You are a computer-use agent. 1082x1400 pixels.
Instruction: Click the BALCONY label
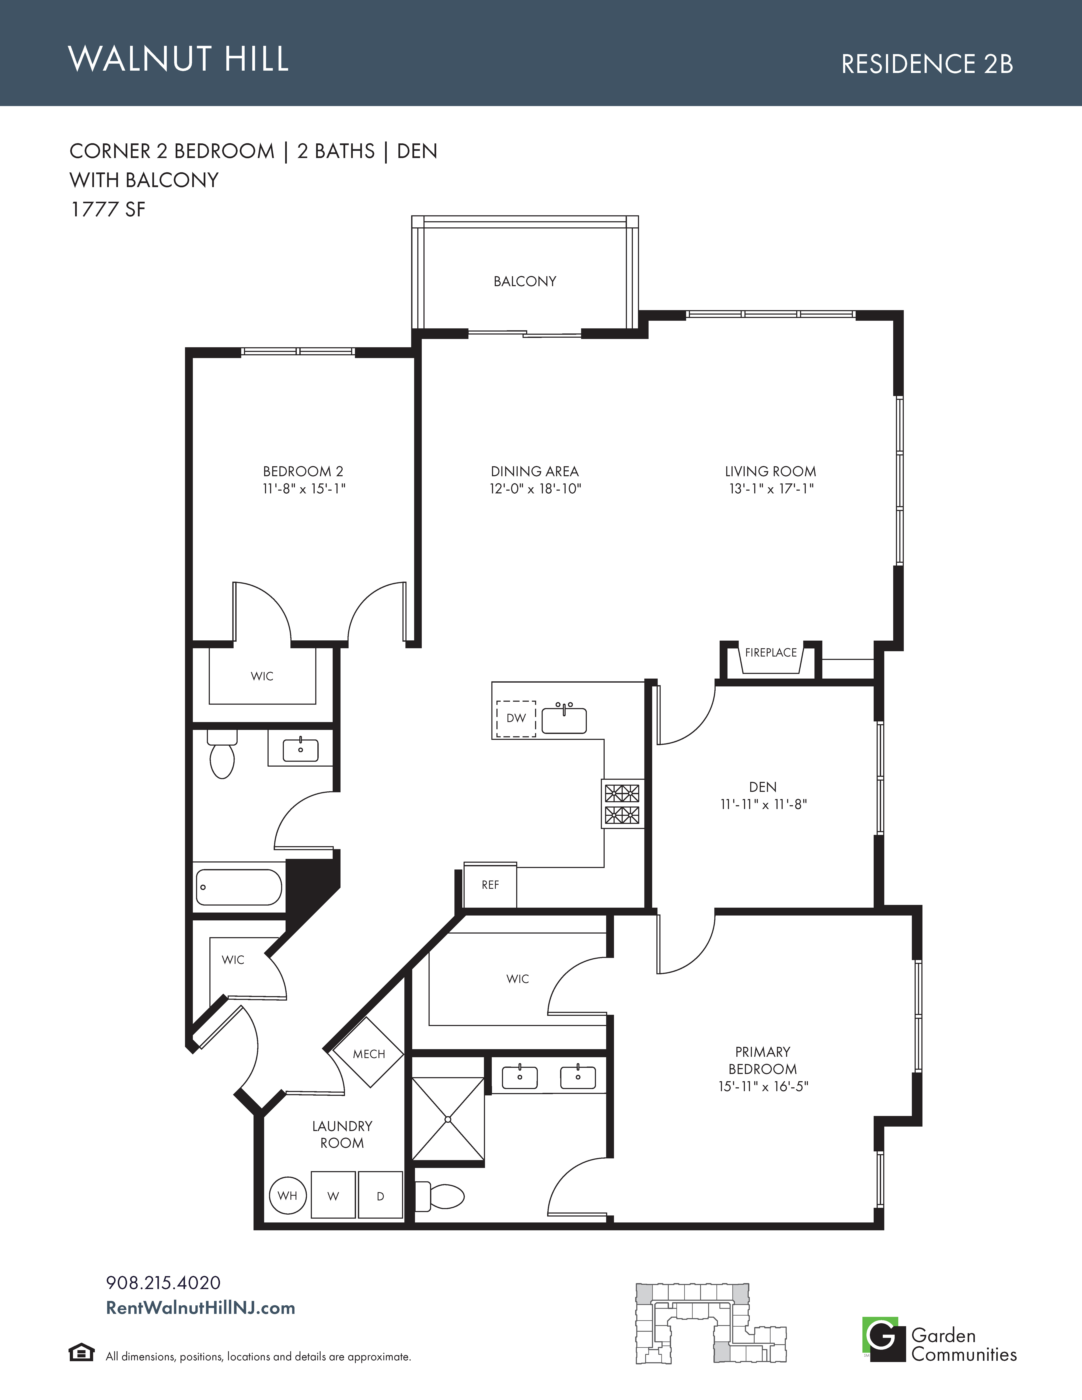point(524,281)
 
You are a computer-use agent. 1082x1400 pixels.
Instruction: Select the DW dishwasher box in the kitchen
point(516,718)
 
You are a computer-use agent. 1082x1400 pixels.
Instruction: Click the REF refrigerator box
point(490,885)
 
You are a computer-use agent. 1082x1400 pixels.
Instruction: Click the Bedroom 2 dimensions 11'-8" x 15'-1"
point(304,489)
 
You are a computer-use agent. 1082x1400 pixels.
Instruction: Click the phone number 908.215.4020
point(163,1283)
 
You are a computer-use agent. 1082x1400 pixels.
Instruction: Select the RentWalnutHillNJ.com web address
point(201,1308)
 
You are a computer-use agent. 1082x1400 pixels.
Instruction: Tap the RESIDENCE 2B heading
point(927,64)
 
